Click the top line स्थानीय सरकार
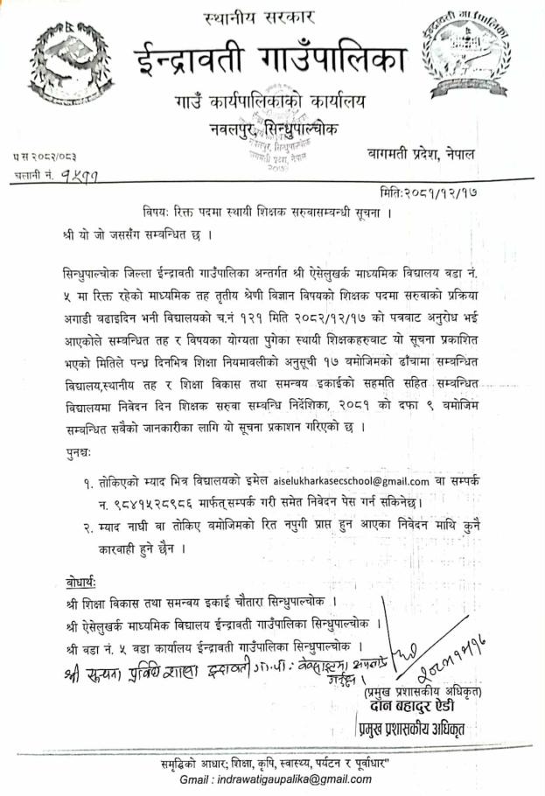pyautogui.click(x=272, y=17)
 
